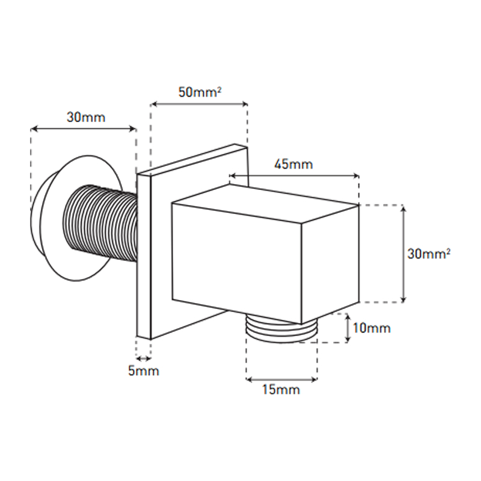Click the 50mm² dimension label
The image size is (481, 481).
tap(200, 92)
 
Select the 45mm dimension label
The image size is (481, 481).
tap(293, 164)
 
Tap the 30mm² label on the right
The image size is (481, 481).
tap(429, 254)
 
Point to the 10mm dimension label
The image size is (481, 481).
tap(372, 328)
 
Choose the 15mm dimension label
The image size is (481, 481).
tap(281, 389)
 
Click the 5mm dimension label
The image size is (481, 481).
tap(144, 371)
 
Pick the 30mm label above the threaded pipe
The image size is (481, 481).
tap(86, 117)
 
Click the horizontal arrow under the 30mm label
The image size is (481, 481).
tap(84, 129)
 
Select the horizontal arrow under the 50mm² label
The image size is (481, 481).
tap(200, 104)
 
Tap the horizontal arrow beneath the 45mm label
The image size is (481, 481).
tap(294, 176)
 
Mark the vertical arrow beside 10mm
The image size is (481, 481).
tap(348, 328)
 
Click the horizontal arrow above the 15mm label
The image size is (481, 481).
tap(281, 380)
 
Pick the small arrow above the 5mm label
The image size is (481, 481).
tap(143, 358)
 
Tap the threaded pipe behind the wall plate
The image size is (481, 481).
tap(100, 224)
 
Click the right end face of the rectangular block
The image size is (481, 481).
tap(330, 264)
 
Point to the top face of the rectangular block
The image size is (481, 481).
tap(265, 204)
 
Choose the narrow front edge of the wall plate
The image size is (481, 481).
tap(144, 257)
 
